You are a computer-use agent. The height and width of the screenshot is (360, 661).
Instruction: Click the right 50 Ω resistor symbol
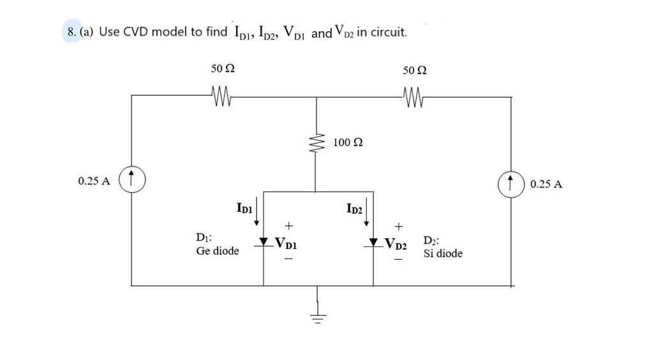point(413,97)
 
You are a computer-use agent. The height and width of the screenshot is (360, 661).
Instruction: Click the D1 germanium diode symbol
point(264,243)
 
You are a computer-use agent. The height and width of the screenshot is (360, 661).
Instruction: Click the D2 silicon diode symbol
point(374,243)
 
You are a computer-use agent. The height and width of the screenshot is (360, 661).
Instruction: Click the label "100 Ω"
point(348,142)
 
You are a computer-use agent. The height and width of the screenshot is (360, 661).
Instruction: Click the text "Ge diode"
point(218,251)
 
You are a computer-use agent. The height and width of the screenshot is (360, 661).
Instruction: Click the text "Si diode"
point(443,253)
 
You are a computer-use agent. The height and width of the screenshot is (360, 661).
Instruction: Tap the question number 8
point(71,32)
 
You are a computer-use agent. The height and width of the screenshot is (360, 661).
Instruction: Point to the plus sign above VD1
point(288,225)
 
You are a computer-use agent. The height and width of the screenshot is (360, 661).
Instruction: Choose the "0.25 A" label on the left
point(94,181)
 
